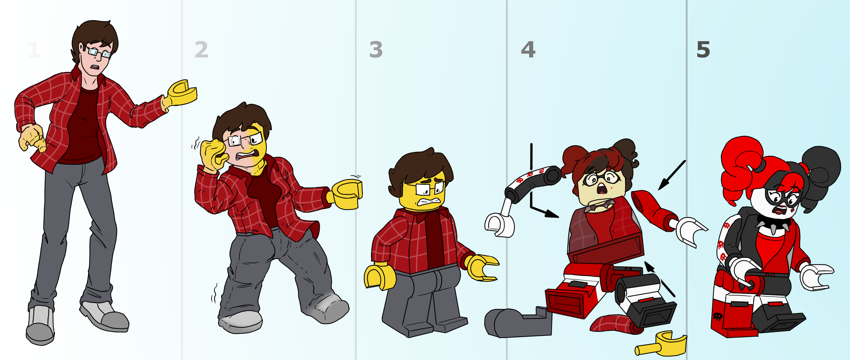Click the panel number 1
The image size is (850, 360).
(34, 50)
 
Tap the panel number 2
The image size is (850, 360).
(202, 50)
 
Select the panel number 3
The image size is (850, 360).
(376, 50)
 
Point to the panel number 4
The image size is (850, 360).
(528, 50)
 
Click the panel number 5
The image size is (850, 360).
(703, 50)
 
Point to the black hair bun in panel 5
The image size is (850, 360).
(822, 171)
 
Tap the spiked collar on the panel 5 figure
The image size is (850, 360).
(774, 224)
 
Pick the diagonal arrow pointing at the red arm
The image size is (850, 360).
(672, 175)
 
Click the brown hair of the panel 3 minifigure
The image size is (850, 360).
(421, 168)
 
